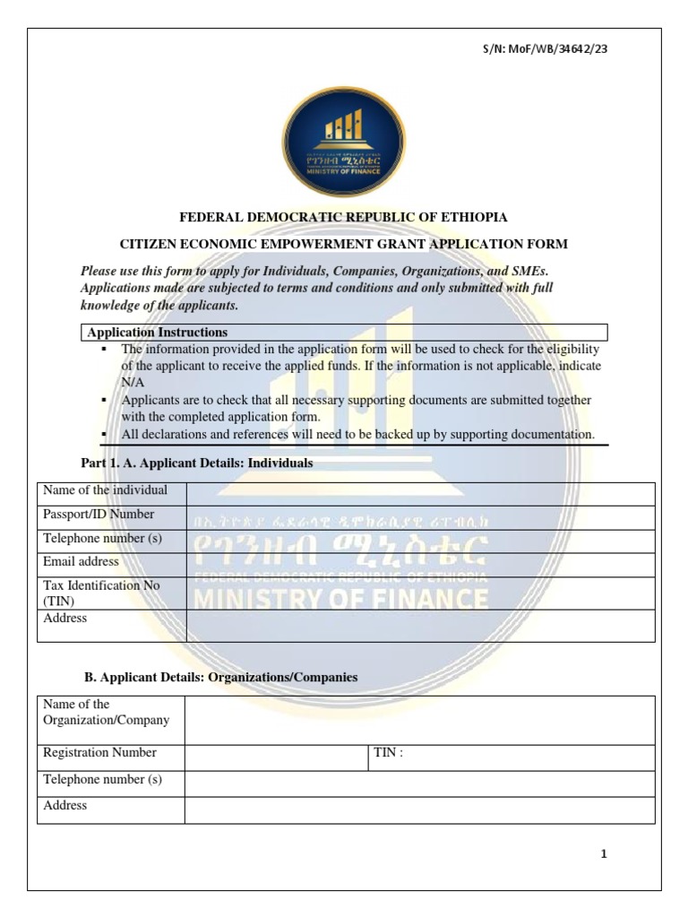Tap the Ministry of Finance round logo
tap(343, 134)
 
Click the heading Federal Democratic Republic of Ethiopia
tap(344, 218)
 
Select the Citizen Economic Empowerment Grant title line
tap(344, 244)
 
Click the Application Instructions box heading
tap(158, 333)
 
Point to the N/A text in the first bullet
tap(133, 382)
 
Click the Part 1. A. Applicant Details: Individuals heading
tap(197, 463)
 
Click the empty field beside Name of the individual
tap(420, 494)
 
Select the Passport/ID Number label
tap(99, 515)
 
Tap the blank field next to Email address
tap(420, 565)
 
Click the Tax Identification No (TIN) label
tap(101, 593)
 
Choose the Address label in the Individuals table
tap(65, 619)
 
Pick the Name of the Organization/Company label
tap(106, 713)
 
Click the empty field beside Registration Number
tap(276, 758)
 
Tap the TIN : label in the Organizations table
tap(388, 753)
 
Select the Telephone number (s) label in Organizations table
tap(102, 780)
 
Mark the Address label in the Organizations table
tap(65, 806)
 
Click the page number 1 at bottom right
tap(604, 854)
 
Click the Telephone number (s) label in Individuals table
tap(102, 539)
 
